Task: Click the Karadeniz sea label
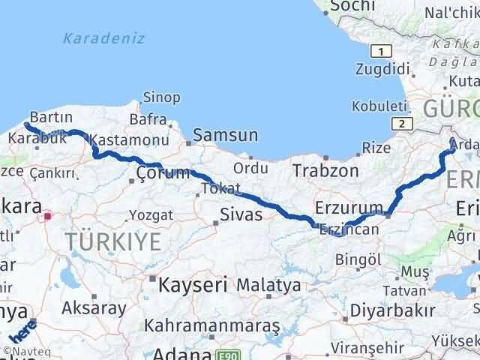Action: (x=104, y=38)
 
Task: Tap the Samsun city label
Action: (x=225, y=136)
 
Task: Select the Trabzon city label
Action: (x=325, y=170)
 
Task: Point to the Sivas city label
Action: (x=241, y=214)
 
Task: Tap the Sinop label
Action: (x=160, y=97)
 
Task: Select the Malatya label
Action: (x=268, y=285)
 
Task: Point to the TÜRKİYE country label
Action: (x=112, y=241)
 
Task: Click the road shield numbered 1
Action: (x=382, y=51)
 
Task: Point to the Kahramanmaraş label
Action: (x=213, y=326)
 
